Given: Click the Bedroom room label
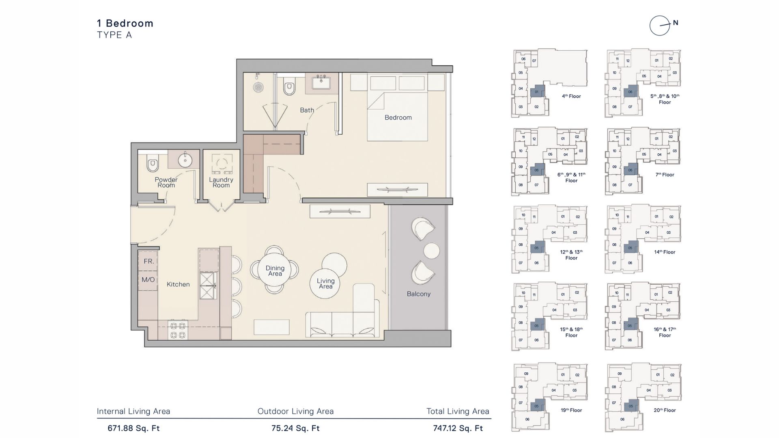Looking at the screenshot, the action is pos(398,118).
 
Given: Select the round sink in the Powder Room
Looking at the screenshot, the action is pos(185,160).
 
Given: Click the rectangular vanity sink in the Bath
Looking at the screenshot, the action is pos(321,83).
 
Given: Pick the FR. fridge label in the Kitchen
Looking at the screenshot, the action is pos(148,262).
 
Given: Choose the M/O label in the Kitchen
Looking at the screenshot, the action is pos(148,280).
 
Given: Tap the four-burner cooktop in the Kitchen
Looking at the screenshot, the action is pos(178,330).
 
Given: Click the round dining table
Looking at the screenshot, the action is pos(275,270).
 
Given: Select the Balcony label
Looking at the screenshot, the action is pos(419,294).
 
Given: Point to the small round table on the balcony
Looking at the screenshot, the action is pos(431,251).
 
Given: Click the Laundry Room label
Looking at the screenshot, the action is pos(221,182).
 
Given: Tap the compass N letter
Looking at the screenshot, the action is pos(676,23).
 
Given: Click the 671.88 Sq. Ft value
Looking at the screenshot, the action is pos(133,428).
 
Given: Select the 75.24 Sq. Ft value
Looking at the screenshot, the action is pos(295,428).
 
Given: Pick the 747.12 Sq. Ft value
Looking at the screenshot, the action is pos(458,428).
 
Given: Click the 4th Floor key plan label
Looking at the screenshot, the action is pos(571,97).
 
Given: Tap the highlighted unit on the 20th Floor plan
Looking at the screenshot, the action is pos(631,406).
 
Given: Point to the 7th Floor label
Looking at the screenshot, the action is pos(665,175).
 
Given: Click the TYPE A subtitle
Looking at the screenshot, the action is pos(114,35).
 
